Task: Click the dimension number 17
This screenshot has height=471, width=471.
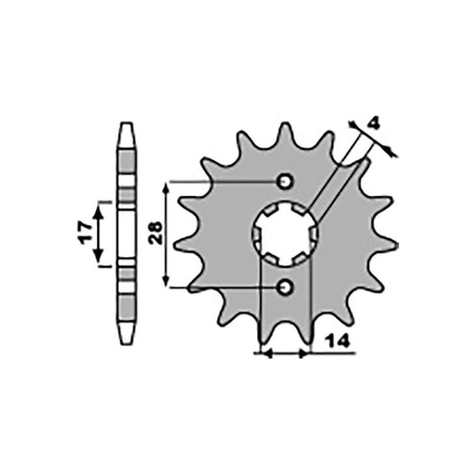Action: pyautogui.click(x=86, y=233)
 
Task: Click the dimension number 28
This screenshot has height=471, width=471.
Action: pyautogui.click(x=155, y=233)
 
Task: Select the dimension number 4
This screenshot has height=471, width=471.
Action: pyautogui.click(x=374, y=124)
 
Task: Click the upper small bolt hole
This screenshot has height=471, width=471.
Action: pyautogui.click(x=285, y=181)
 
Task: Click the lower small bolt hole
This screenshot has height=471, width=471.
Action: pyautogui.click(x=285, y=288)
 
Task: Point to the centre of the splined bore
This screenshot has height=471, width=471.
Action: pyautogui.click(x=285, y=235)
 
